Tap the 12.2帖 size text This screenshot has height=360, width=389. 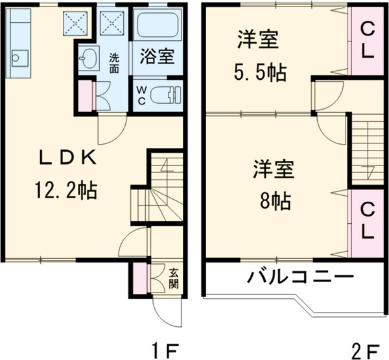[x=65, y=190]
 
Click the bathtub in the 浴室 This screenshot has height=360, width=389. [x=158, y=27]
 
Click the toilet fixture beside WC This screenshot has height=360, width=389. [x=165, y=95]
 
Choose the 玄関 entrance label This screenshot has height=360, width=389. [x=174, y=278]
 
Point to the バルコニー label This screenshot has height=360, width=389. [x=301, y=278]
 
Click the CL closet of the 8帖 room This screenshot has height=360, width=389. [x=367, y=220]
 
